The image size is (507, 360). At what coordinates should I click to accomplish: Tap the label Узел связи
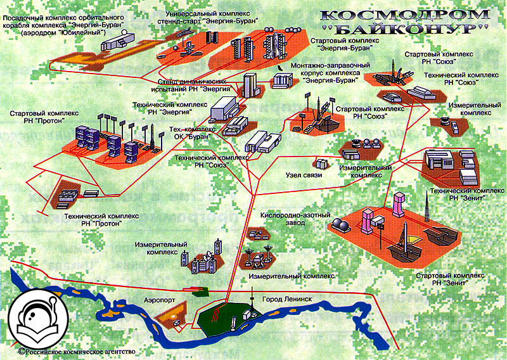tap(304, 175)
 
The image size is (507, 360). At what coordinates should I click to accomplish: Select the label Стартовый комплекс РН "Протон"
tap(44, 118)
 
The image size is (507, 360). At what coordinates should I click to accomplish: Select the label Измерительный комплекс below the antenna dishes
tap(291, 276)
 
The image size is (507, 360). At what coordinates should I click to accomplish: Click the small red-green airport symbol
tap(198, 290)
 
